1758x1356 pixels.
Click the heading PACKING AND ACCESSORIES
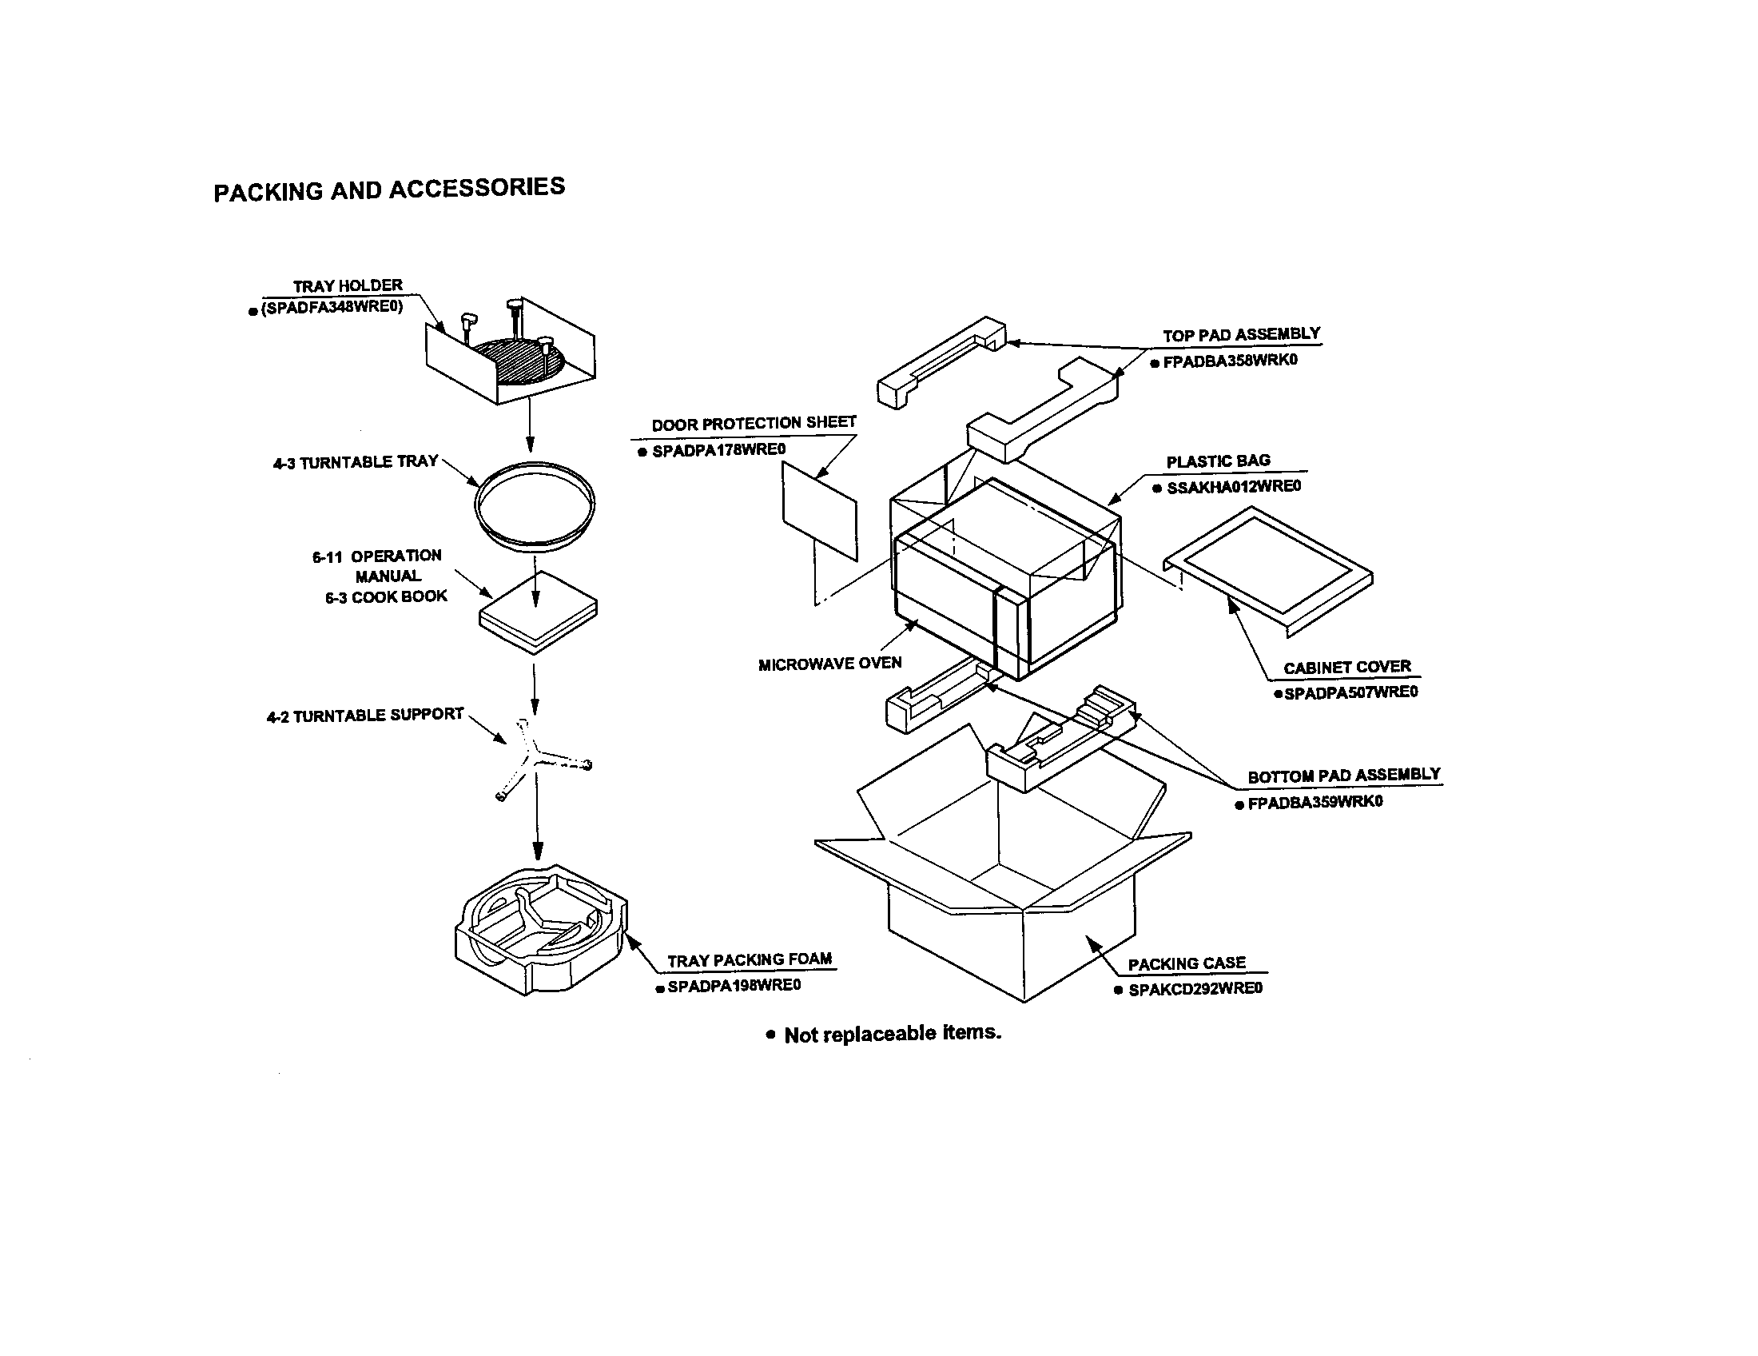389,189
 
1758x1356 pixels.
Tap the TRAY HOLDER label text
347,286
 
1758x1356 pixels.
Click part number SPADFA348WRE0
331,308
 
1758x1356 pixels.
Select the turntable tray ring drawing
535,505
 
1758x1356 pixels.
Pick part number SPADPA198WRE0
734,986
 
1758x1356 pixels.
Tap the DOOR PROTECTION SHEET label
754,424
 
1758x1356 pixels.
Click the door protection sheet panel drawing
818,512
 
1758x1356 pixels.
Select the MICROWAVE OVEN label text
830,664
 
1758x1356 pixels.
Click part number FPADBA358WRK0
1230,361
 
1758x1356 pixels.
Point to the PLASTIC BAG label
1218,461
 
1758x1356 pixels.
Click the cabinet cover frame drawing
1270,568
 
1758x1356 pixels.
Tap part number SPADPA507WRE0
1350,692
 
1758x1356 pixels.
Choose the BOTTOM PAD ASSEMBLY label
1342,776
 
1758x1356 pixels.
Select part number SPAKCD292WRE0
1195,990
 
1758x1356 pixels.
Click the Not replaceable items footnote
891,1034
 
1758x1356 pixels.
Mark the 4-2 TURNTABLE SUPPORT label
364,715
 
